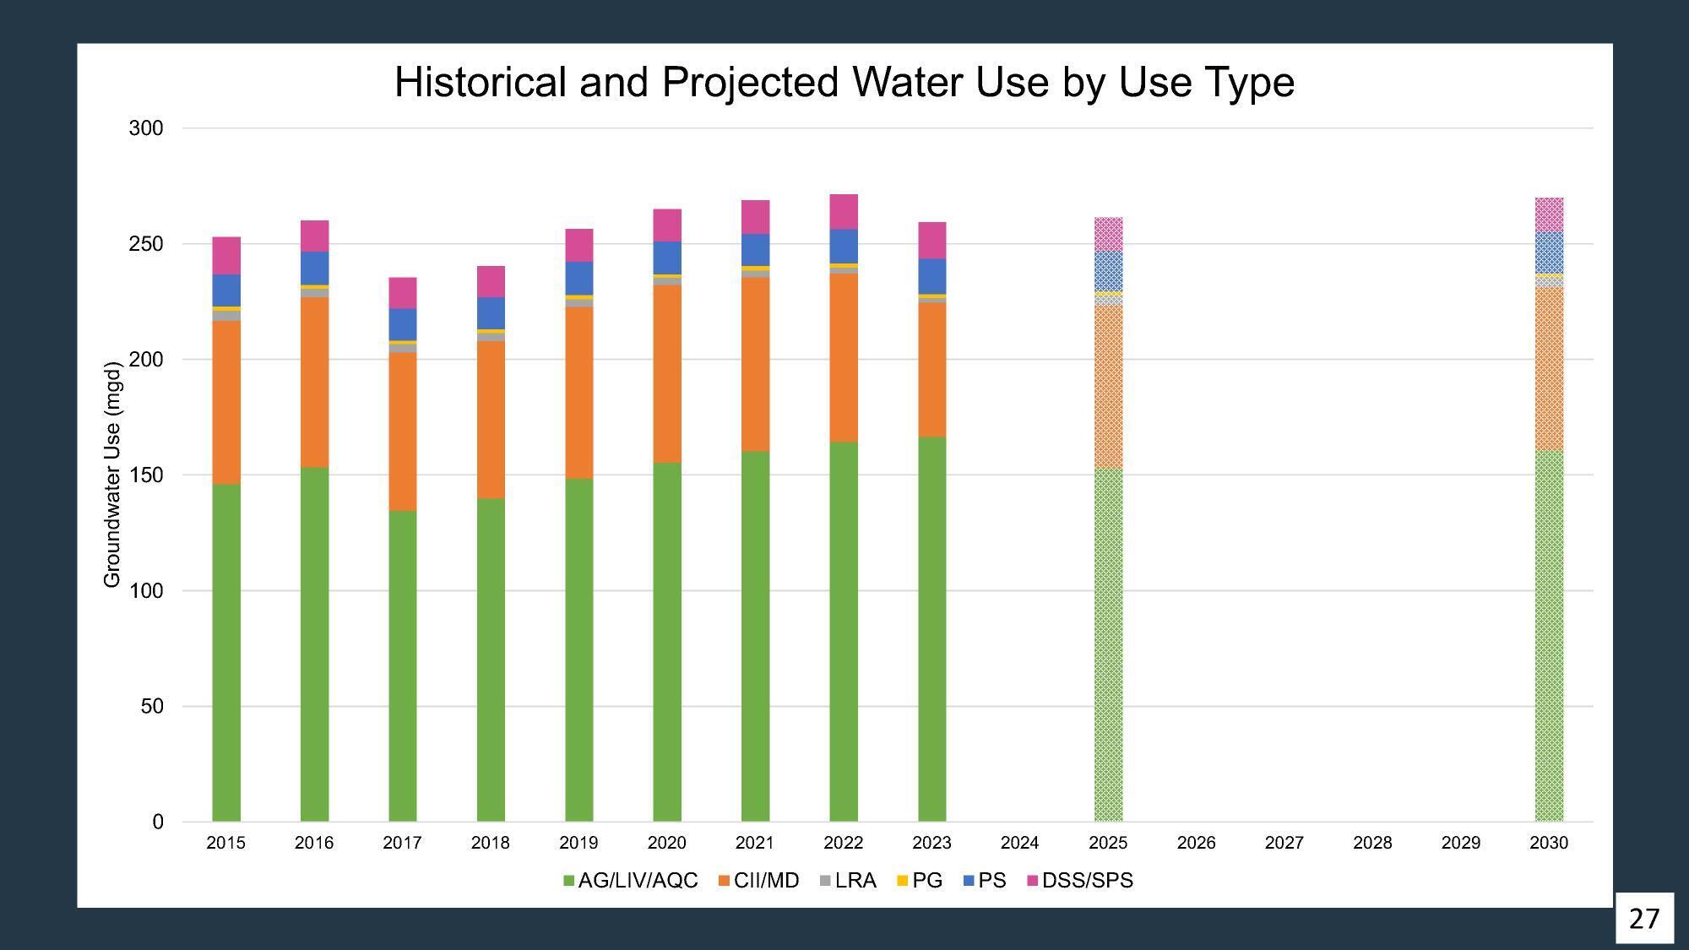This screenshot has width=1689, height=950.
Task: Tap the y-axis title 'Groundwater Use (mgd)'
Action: pyautogui.click(x=112, y=475)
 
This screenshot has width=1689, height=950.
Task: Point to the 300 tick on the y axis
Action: pyautogui.click(x=145, y=128)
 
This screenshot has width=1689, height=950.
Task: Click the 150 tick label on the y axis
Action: pyautogui.click(x=145, y=475)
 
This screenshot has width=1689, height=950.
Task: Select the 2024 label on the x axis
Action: pyautogui.click(x=1019, y=843)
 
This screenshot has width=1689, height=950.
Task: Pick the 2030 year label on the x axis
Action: pyautogui.click(x=1548, y=843)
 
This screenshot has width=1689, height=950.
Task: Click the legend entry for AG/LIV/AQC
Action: pyautogui.click(x=630, y=881)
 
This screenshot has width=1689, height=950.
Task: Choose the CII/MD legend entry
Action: pyautogui.click(x=758, y=881)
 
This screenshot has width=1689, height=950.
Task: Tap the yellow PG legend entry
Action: pyautogui.click(x=919, y=881)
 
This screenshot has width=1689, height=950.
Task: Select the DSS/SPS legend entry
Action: pyautogui.click(x=1079, y=881)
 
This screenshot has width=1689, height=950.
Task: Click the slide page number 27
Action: pyautogui.click(x=1643, y=918)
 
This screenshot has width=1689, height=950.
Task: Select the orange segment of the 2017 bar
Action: pyautogui.click(x=402, y=431)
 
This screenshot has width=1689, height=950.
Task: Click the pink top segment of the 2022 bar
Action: pyautogui.click(x=843, y=212)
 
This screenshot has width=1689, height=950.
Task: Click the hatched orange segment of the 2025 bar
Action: pyautogui.click(x=1108, y=387)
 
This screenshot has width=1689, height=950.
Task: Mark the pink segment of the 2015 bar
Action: pyautogui.click(x=225, y=255)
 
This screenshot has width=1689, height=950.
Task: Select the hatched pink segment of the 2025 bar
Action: pyautogui.click(x=1108, y=234)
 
